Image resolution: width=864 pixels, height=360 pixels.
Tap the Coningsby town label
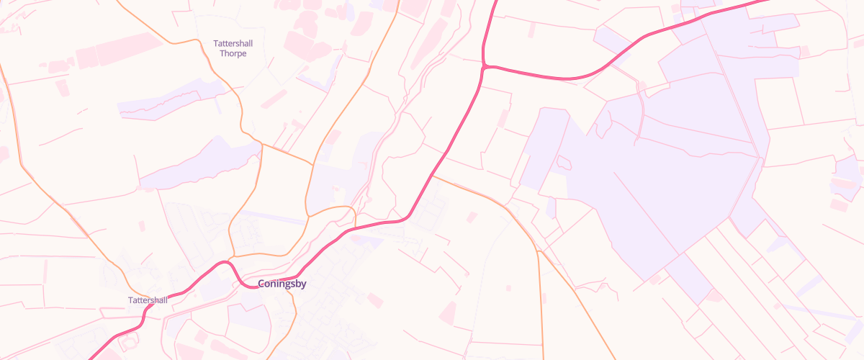pyautogui.click(x=282, y=284)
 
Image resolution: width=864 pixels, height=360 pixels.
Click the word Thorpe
pyautogui.click(x=233, y=54)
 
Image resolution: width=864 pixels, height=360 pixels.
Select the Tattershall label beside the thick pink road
pyautogui.click(x=148, y=300)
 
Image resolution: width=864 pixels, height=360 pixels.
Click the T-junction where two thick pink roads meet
pyautogui.click(x=486, y=67)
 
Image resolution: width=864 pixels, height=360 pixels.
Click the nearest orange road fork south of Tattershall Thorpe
pyautogui.click(x=262, y=144)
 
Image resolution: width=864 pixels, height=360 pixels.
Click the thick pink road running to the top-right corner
pyautogui.click(x=720, y=12)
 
